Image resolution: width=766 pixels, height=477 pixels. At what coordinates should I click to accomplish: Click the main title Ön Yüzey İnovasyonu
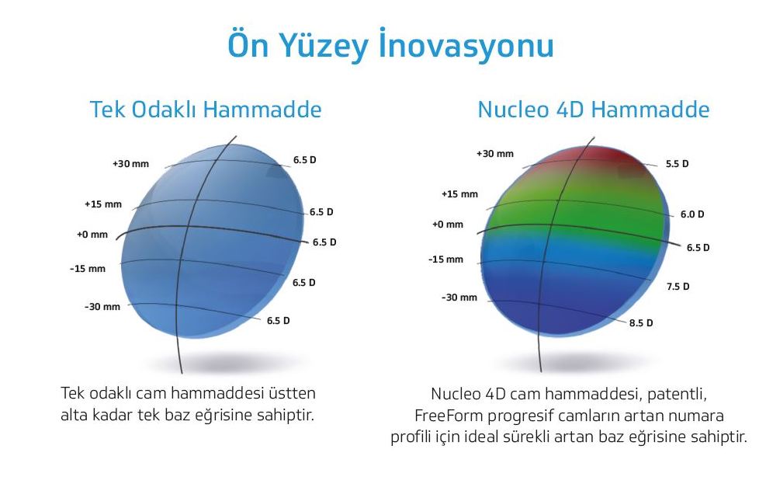coord(391,46)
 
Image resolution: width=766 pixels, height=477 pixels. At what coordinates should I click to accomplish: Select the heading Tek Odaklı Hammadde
coord(206,109)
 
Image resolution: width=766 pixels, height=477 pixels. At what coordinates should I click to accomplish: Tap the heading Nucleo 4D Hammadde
coord(594,109)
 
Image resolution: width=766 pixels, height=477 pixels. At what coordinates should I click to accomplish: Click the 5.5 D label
coord(677,164)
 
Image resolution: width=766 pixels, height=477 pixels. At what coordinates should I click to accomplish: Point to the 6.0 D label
coord(692,214)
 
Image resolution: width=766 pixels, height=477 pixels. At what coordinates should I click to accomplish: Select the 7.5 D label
coord(678,286)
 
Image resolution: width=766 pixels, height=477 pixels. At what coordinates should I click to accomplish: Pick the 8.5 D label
coord(641,323)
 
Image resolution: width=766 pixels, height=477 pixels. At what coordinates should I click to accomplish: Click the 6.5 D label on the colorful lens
coord(698,248)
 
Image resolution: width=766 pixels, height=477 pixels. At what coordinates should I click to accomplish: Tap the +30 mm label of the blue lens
coord(131,164)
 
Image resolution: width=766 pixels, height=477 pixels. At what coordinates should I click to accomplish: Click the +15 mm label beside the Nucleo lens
coord(459,194)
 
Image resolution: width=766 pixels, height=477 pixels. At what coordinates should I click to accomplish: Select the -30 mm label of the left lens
coord(102,307)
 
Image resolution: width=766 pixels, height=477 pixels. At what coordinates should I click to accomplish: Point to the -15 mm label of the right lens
coord(445,259)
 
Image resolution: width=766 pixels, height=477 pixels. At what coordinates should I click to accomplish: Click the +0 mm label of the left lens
coord(92,235)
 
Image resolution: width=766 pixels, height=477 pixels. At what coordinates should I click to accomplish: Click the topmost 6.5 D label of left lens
coord(305,160)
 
